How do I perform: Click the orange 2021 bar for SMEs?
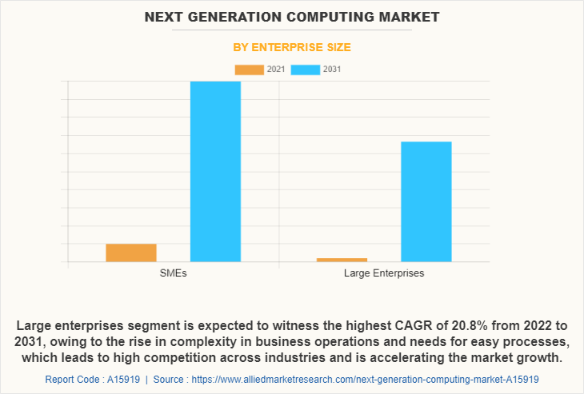(x=131, y=253)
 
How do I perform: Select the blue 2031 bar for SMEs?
(x=215, y=171)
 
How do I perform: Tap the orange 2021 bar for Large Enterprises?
(x=342, y=260)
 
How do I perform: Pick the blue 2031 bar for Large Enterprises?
(x=426, y=201)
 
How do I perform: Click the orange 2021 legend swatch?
(x=249, y=70)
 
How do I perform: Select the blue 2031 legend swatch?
(x=306, y=70)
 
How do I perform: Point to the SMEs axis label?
(x=173, y=273)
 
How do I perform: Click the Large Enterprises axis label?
(x=384, y=273)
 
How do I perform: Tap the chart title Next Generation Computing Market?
(x=292, y=17)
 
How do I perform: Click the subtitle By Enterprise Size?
(x=292, y=48)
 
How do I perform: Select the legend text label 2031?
(x=332, y=70)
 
